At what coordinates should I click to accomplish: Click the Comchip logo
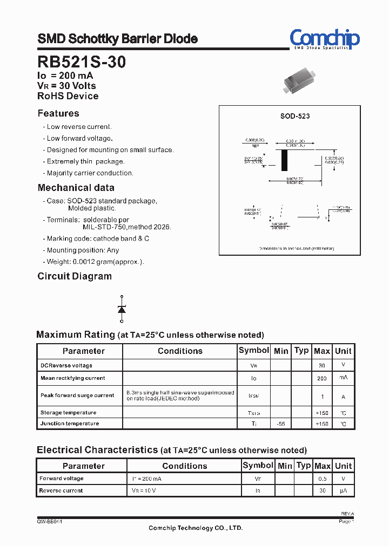(324, 39)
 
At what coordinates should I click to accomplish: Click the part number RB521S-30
(82, 62)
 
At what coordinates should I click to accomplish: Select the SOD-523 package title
(294, 116)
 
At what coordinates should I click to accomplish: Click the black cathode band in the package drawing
(285, 160)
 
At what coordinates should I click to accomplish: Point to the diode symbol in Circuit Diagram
(122, 309)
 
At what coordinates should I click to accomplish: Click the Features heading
(58, 113)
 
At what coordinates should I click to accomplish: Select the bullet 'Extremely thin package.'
(85, 161)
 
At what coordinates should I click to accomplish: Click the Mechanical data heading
(76, 188)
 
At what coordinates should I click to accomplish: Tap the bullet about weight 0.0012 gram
(95, 262)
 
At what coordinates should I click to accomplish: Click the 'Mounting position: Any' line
(83, 250)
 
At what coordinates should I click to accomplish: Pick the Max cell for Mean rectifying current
(321, 379)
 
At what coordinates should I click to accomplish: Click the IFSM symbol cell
(253, 396)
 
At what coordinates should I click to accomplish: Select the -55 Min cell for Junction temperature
(280, 424)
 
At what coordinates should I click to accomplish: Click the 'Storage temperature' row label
(69, 413)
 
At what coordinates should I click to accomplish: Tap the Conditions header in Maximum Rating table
(180, 351)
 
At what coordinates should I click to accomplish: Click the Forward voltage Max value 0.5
(322, 479)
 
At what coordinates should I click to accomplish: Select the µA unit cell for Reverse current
(343, 491)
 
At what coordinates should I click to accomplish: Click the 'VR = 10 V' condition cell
(145, 491)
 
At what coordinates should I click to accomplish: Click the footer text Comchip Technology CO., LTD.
(196, 528)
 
